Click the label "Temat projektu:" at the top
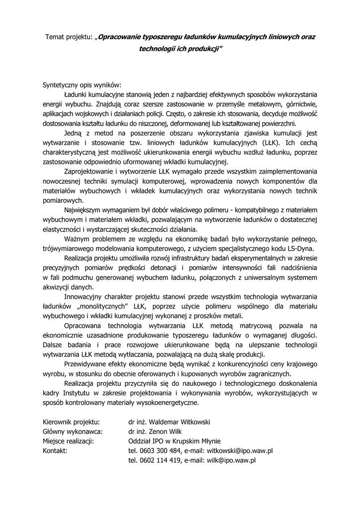69,37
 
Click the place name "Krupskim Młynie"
196,441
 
